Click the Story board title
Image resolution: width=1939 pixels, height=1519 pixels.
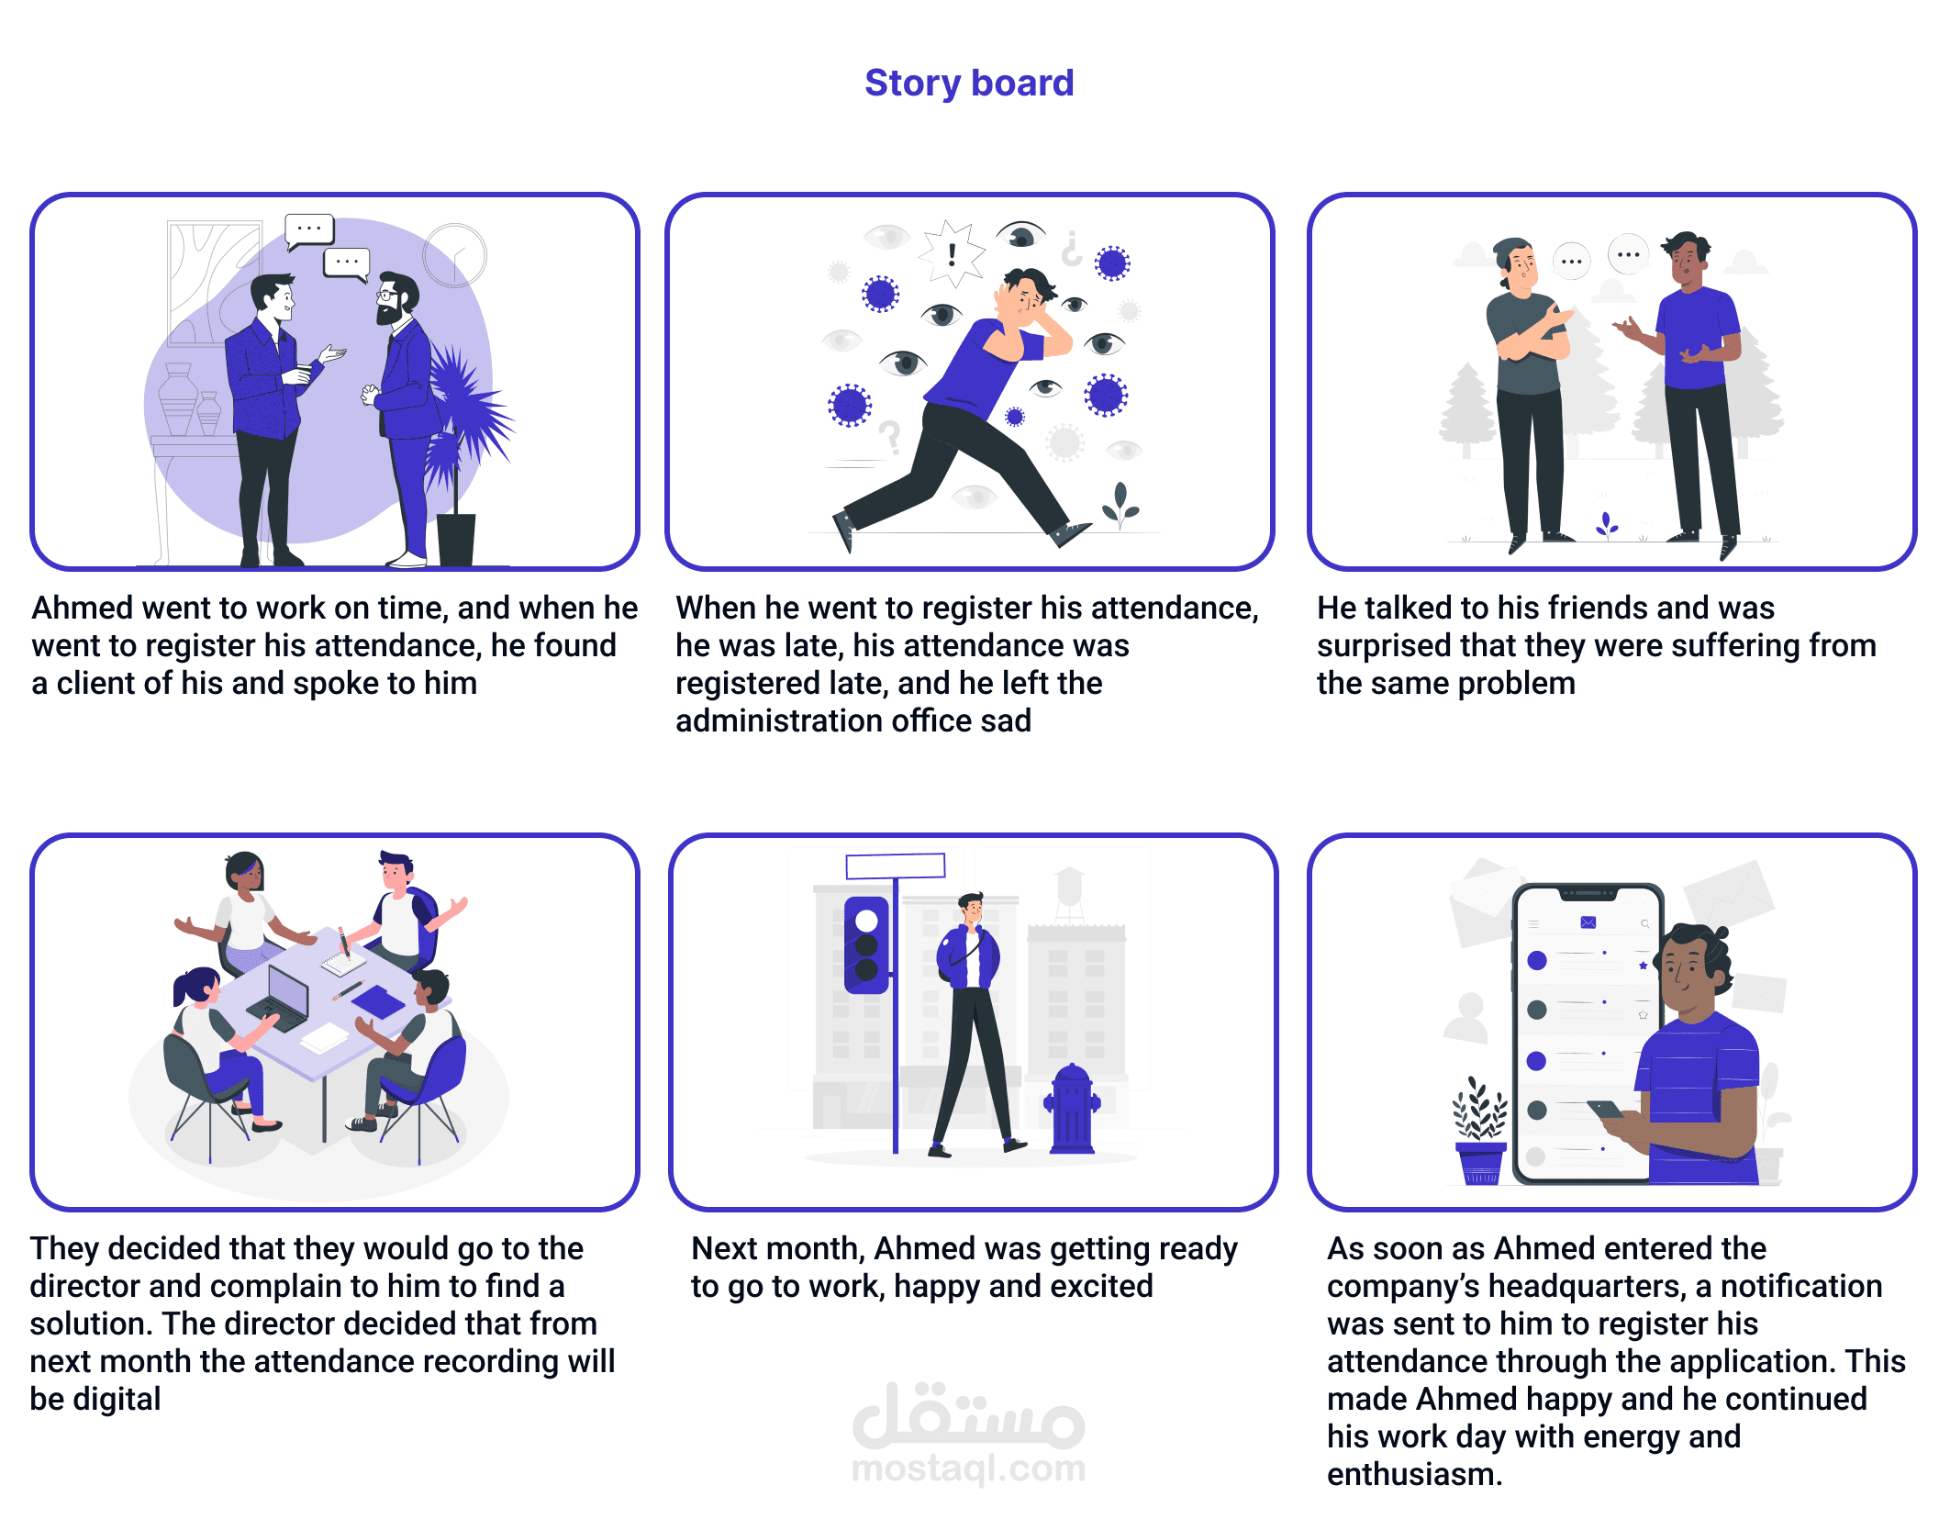click(969, 83)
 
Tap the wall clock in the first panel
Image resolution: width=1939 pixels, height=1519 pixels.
click(455, 254)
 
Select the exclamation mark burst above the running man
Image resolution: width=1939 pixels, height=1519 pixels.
click(952, 252)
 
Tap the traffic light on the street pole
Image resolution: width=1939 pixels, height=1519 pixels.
click(866, 944)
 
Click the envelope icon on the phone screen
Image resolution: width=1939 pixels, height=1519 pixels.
click(1588, 922)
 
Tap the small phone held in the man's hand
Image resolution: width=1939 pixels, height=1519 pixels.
click(1606, 1110)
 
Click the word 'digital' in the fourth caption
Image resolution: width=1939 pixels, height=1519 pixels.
click(117, 1399)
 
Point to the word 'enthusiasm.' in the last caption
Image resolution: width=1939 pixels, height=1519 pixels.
click(1414, 1474)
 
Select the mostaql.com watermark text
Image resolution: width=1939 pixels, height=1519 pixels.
click(968, 1468)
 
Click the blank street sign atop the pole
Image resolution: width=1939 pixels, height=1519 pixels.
click(895, 866)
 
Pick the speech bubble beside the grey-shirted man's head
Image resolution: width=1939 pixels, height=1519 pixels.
click(1571, 261)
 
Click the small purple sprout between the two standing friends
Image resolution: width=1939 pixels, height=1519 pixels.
click(1606, 525)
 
